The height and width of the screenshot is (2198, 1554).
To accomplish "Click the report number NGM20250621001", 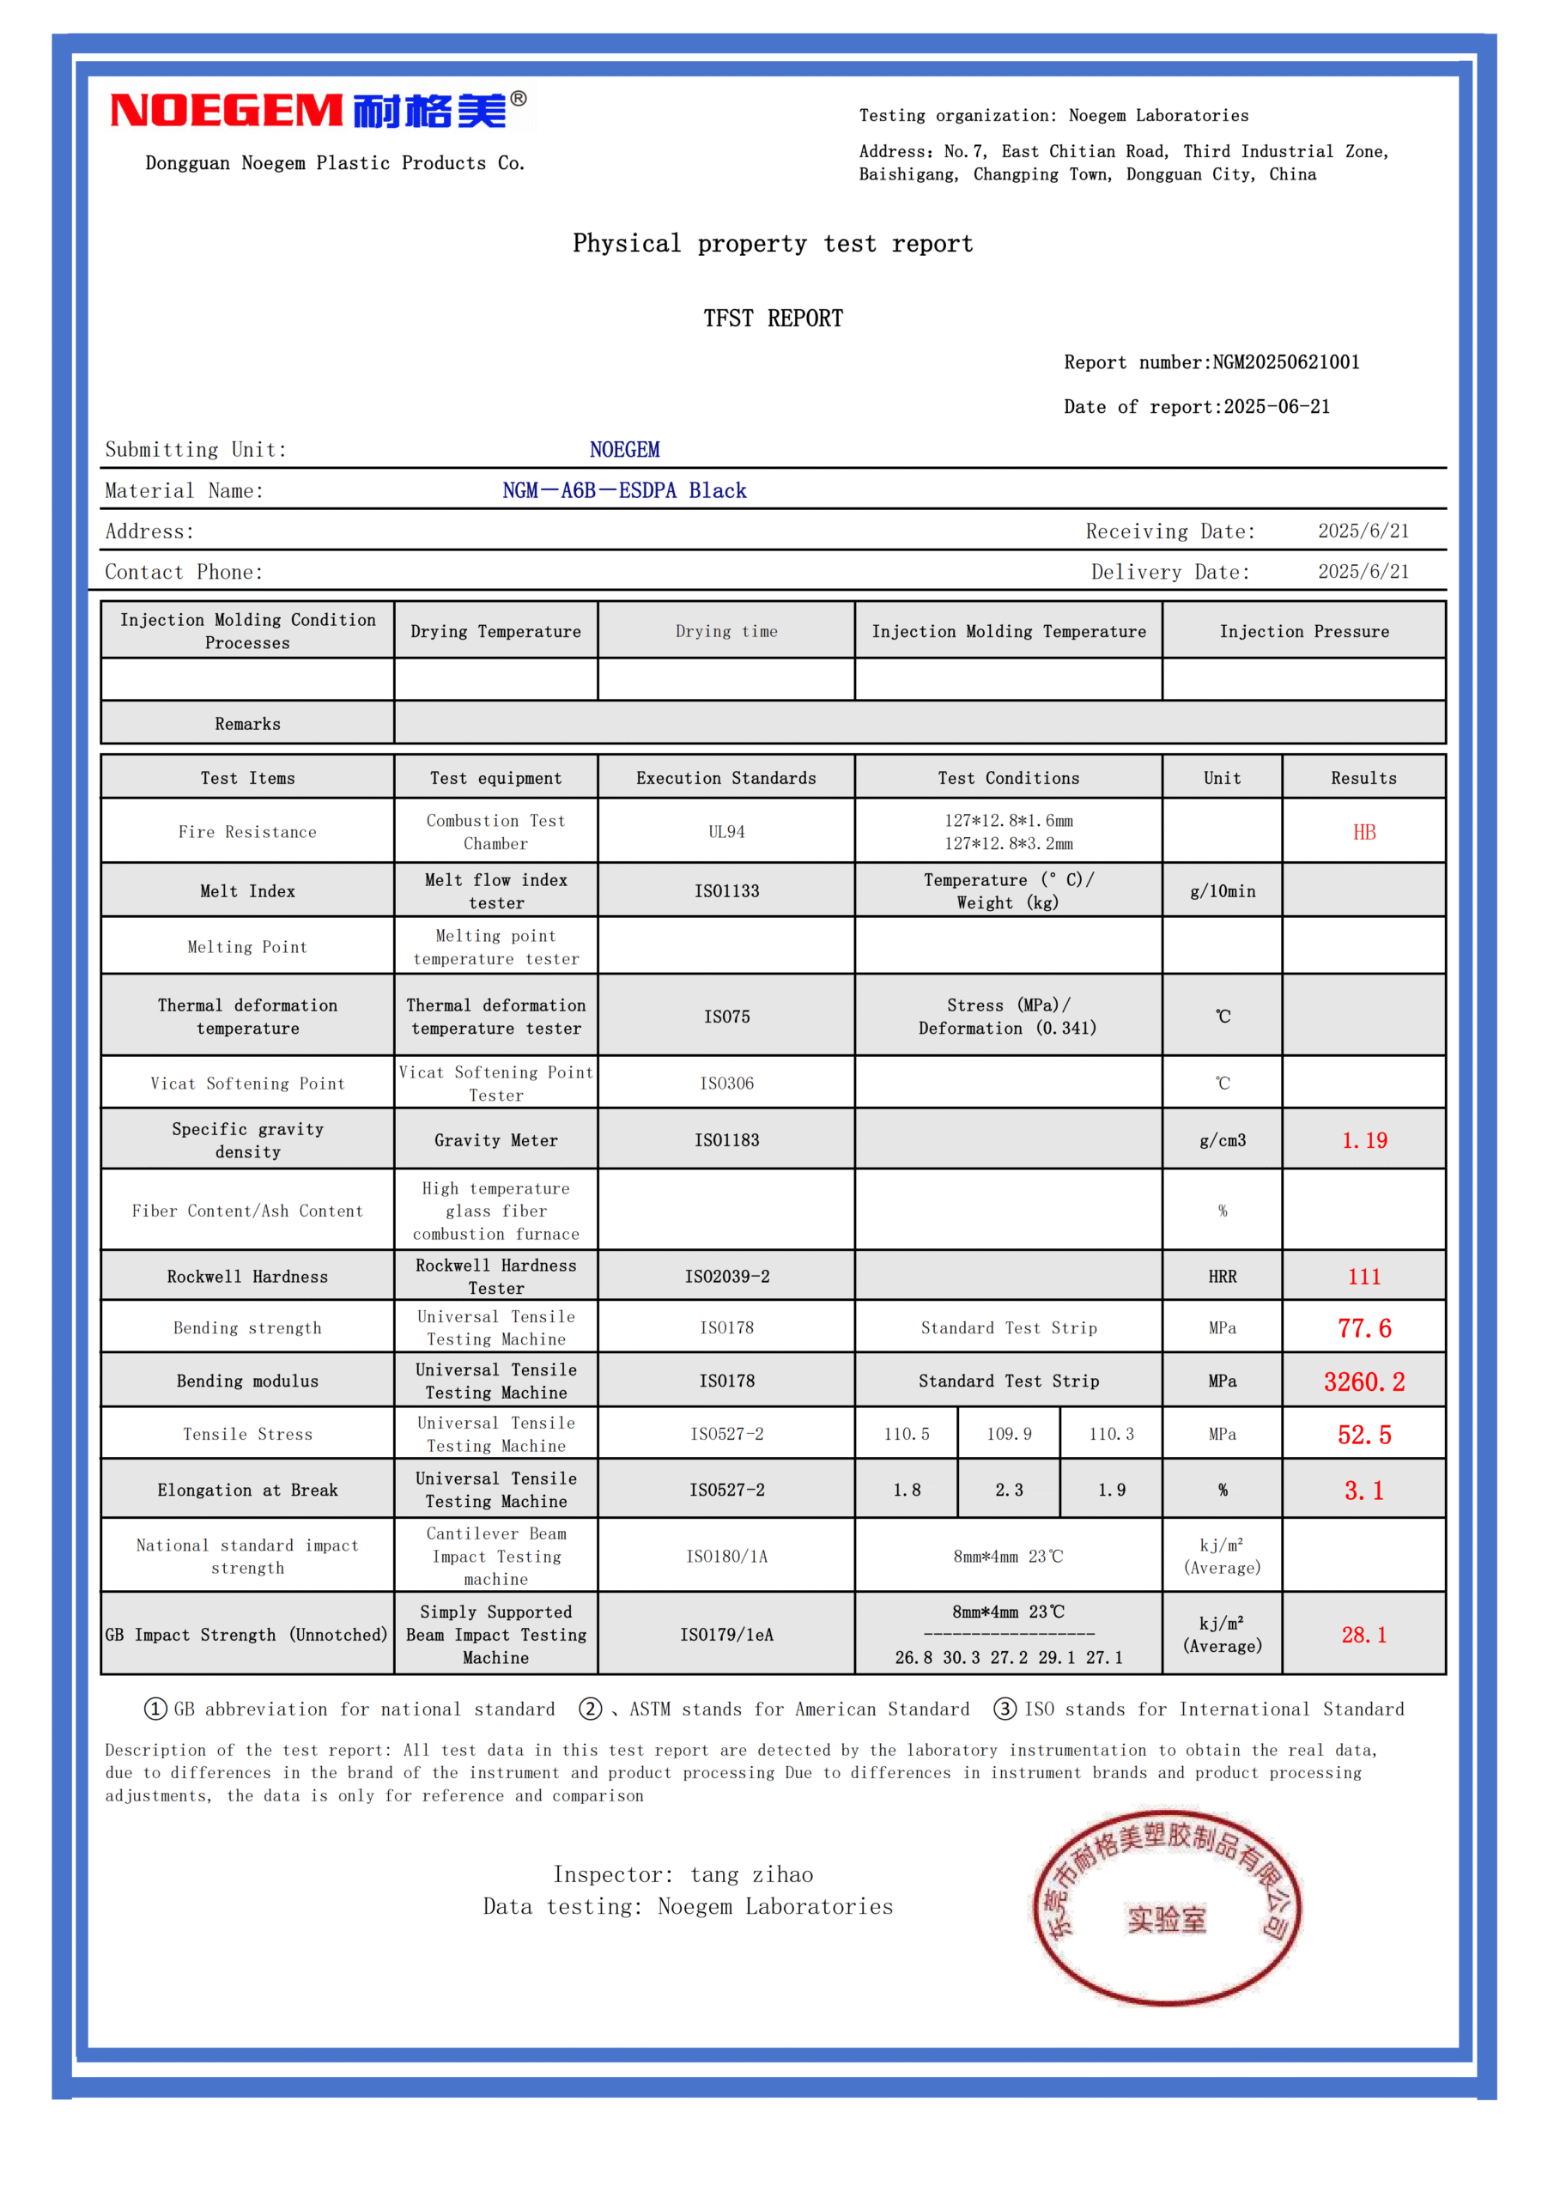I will coord(1285,361).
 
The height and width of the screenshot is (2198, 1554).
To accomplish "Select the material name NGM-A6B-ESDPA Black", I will coord(624,490).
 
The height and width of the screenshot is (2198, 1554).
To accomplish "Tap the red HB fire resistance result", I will coord(1363,832).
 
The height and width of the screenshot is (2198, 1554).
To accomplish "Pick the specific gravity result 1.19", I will coord(1363,1140).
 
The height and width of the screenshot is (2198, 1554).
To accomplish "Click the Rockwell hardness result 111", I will coord(1363,1276).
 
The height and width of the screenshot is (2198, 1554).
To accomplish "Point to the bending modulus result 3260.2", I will coord(1363,1381).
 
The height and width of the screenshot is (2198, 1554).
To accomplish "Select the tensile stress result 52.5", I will coord(1363,1434).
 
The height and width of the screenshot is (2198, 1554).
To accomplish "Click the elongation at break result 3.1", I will coord(1363,1490).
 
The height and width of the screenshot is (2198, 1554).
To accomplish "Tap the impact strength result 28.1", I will coord(1363,1634).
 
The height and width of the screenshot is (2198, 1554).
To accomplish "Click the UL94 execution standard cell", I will coord(725,832).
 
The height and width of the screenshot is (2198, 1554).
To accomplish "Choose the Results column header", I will coord(1363,777).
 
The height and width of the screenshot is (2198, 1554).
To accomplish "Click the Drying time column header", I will coord(725,631).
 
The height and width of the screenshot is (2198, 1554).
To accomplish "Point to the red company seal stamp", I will coord(1166,1907).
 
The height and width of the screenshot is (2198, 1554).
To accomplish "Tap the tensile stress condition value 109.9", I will coord(1008,1434).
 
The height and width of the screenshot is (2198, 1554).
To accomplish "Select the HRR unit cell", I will coord(1222,1276).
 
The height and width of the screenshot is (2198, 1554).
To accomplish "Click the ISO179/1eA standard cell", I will coord(725,1634).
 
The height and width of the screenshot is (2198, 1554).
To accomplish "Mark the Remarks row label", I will coord(247,724).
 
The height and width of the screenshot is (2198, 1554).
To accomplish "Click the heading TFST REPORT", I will coord(773,318).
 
